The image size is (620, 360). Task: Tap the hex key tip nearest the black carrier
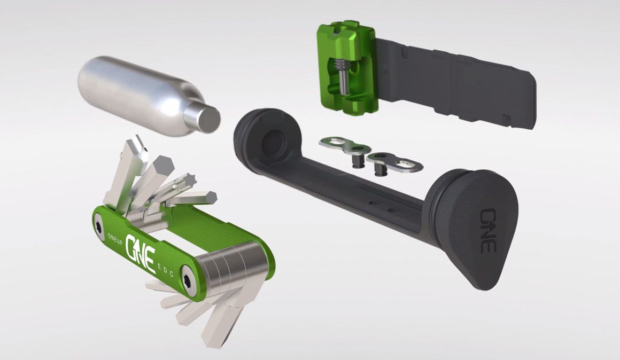point(212,197)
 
